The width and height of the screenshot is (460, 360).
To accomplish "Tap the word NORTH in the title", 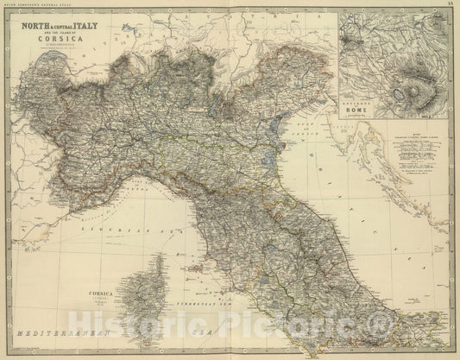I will click(44, 28).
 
